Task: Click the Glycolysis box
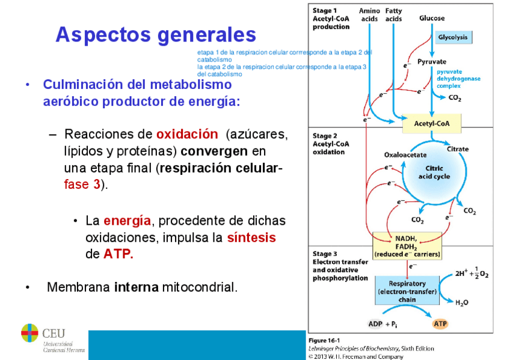454,37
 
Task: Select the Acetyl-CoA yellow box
428,124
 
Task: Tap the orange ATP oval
440,324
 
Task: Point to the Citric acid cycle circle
434,172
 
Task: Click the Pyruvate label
432,61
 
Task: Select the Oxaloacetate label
405,154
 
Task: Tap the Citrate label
458,148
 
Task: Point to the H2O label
462,302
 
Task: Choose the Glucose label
432,18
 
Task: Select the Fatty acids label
394,15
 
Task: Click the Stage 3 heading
325,254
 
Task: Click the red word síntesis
251,237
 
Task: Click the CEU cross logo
29,332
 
